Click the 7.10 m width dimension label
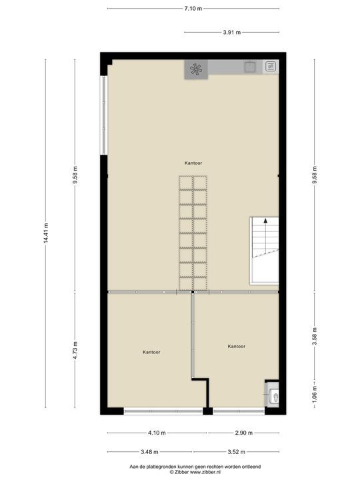(x=193, y=8)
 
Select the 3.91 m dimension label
(x=231, y=31)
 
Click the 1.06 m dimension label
(x=314, y=393)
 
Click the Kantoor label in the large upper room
(x=194, y=163)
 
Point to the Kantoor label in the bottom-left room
(x=151, y=352)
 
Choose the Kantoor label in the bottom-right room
(x=236, y=347)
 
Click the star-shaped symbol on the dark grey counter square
(x=196, y=69)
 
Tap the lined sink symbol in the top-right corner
(x=271, y=67)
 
